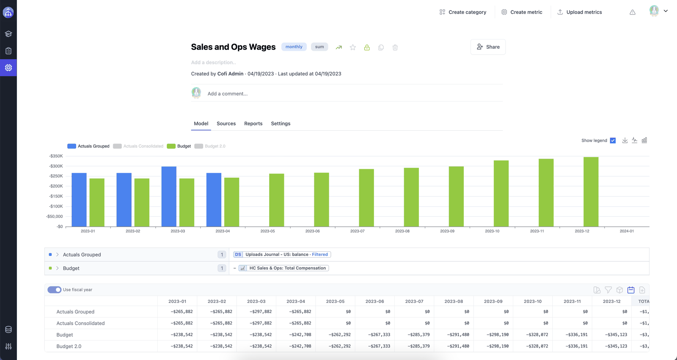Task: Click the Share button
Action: [x=488, y=47]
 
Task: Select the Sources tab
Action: [x=226, y=124]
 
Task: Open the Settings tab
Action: [x=281, y=124]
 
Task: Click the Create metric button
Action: [x=522, y=12]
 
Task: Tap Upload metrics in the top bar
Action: [x=579, y=12]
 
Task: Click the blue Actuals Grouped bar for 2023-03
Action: [x=169, y=196]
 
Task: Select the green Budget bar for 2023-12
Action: [x=591, y=192]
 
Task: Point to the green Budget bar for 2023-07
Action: [x=366, y=198]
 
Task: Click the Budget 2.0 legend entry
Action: [x=210, y=146]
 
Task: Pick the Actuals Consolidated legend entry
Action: [x=138, y=146]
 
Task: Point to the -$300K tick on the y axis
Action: [x=56, y=166]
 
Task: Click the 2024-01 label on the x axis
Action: [x=627, y=231]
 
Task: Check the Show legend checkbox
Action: [x=613, y=140]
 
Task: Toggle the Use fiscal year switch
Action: [x=55, y=290]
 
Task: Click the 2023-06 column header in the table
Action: [x=374, y=301]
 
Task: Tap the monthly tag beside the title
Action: [x=294, y=47]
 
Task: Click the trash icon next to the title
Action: [x=395, y=47]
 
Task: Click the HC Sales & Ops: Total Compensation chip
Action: [x=283, y=268]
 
